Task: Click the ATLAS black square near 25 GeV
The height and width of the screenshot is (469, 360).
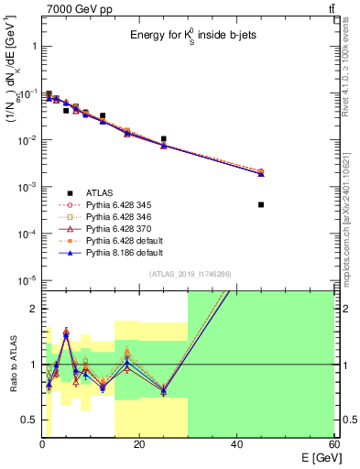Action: pos(163,139)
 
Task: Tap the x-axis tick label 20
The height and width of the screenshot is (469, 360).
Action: pos(138,444)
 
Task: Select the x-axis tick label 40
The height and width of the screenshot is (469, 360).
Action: pos(236,444)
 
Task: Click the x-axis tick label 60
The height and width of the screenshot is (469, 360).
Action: pos(333,444)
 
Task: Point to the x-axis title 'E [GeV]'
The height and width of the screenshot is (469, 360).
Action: pos(315,458)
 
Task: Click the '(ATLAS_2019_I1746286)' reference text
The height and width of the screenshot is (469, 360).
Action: pos(190,274)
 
